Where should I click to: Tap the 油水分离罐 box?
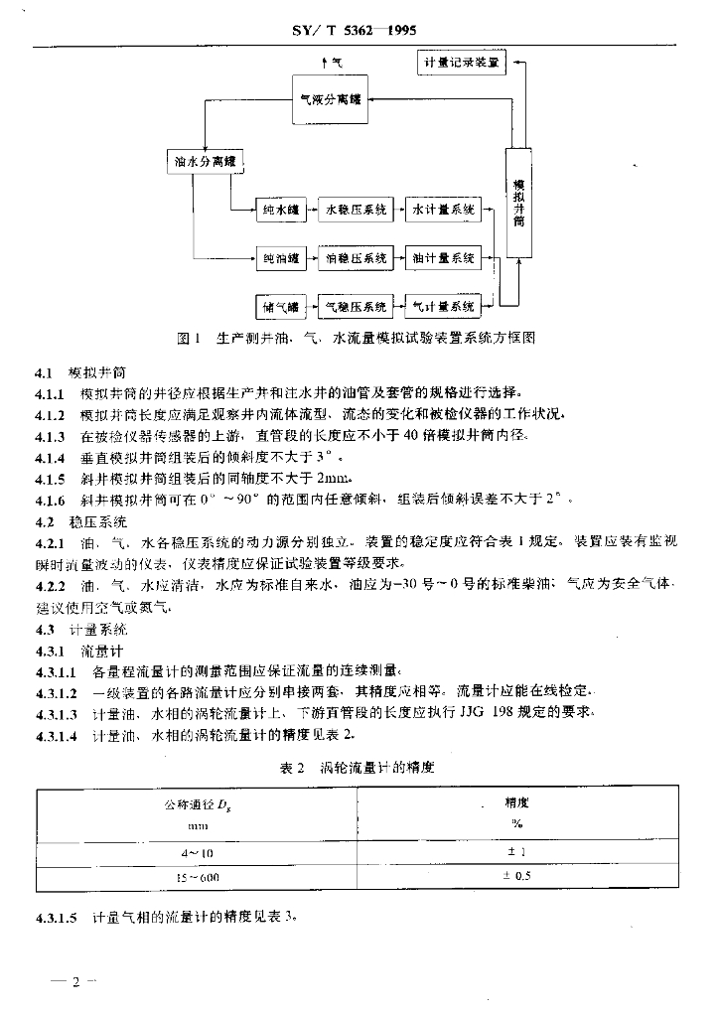pos(204,162)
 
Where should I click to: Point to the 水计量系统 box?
pos(443,210)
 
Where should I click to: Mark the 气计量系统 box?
pos(443,307)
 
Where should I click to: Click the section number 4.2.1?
pos(49,543)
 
